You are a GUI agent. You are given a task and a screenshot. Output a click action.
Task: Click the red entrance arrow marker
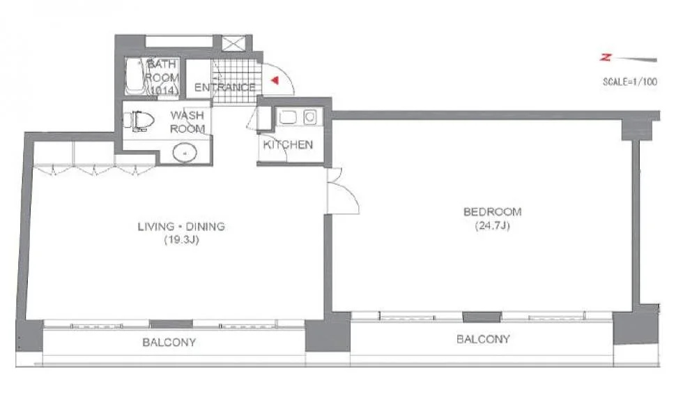coord(275,80)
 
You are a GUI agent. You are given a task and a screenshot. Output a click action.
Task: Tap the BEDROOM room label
coord(492,212)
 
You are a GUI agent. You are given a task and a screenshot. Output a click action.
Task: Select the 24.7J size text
coord(492,225)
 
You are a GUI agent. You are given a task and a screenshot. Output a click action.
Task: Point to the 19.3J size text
coord(181,239)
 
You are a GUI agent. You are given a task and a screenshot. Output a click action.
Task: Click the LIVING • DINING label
coord(181,227)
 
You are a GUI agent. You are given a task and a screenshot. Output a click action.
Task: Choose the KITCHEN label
coord(288,144)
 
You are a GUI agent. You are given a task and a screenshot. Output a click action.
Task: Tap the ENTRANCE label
coord(224,87)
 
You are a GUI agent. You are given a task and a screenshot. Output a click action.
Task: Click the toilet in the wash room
coord(139,121)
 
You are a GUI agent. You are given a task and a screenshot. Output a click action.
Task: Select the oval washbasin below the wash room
coord(185,153)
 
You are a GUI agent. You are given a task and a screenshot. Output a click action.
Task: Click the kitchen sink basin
coord(287,117)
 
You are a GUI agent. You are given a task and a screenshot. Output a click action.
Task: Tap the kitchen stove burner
coord(310,117)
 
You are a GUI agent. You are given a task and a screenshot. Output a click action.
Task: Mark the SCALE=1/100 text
coord(630,82)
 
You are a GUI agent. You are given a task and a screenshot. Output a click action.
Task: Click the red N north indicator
coord(606,57)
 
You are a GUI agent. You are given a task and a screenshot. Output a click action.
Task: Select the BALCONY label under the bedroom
coord(483,339)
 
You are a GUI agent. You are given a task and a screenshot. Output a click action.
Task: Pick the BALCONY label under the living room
coord(169,342)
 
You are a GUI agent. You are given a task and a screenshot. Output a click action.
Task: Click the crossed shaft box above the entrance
coord(234,43)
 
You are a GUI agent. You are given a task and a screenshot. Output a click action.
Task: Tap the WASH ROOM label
coord(187,121)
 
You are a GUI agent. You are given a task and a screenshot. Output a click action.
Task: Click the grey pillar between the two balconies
coord(328,335)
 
